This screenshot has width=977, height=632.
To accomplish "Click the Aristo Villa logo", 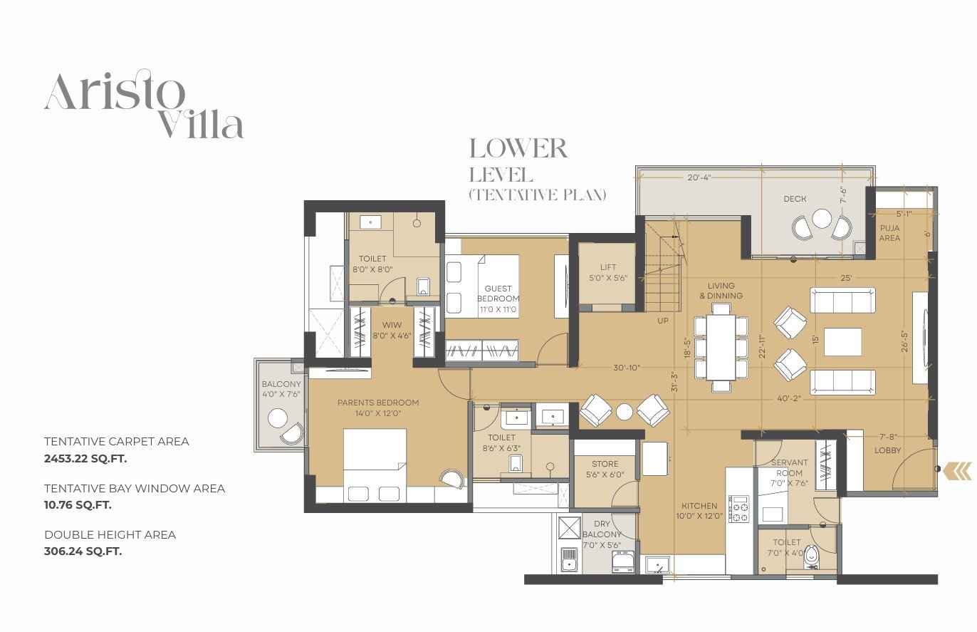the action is tap(144, 104).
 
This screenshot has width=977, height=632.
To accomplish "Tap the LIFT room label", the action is tap(608, 267).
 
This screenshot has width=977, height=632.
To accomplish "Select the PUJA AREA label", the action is tap(889, 233).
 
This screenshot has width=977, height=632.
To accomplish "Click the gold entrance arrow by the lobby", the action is tap(957, 472).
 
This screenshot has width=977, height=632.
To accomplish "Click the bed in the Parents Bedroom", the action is tap(375, 465).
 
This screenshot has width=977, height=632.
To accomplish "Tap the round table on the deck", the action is tap(822, 218).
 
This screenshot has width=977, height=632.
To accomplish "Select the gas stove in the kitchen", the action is tap(740, 509).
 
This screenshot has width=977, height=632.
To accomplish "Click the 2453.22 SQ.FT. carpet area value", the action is tap(85, 459).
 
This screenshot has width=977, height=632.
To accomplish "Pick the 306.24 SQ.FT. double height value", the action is tap(83, 551).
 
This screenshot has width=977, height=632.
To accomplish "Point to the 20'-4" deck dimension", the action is tap(699, 177).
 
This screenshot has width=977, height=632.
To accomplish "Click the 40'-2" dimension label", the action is tap(789, 398).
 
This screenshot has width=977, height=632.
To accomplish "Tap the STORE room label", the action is tap(605, 464).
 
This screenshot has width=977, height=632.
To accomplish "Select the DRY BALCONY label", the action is tap(602, 529).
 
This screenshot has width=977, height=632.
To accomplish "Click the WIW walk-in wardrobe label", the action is tap(392, 325).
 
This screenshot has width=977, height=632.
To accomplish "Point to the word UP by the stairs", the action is tap(662, 321).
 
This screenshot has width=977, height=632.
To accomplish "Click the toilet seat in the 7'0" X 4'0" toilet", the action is tap(812, 557).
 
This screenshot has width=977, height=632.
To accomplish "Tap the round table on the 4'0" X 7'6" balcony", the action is tap(278, 418).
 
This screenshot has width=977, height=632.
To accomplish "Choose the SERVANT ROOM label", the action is tap(790, 467).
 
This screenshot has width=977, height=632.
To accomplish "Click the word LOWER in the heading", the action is tap(518, 148).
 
